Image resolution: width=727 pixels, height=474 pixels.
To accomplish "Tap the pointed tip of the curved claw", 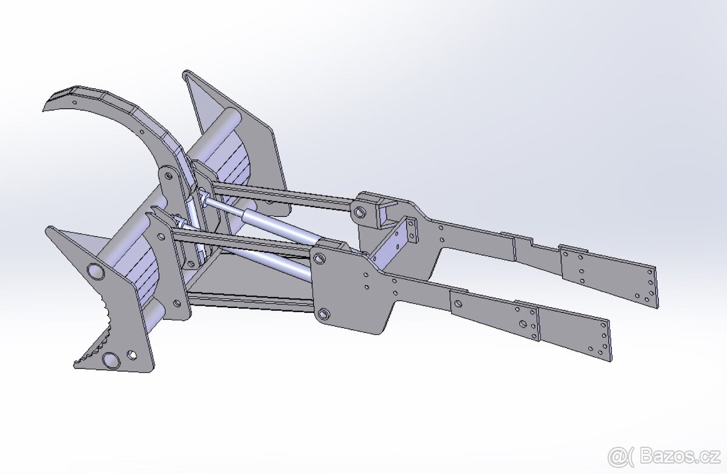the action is coord(44,110).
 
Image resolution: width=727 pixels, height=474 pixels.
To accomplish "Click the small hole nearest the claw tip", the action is coord(75,102).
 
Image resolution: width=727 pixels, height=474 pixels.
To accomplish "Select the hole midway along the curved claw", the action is coord(142,132).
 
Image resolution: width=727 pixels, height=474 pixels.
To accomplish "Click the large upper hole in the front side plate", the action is coord(95,272).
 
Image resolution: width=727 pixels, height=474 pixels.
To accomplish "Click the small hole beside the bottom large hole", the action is coord(132,355).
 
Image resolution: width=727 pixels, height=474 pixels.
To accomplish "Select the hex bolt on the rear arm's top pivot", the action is coord(359,213).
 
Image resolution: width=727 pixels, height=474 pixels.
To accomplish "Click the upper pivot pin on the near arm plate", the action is coord(319,259).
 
